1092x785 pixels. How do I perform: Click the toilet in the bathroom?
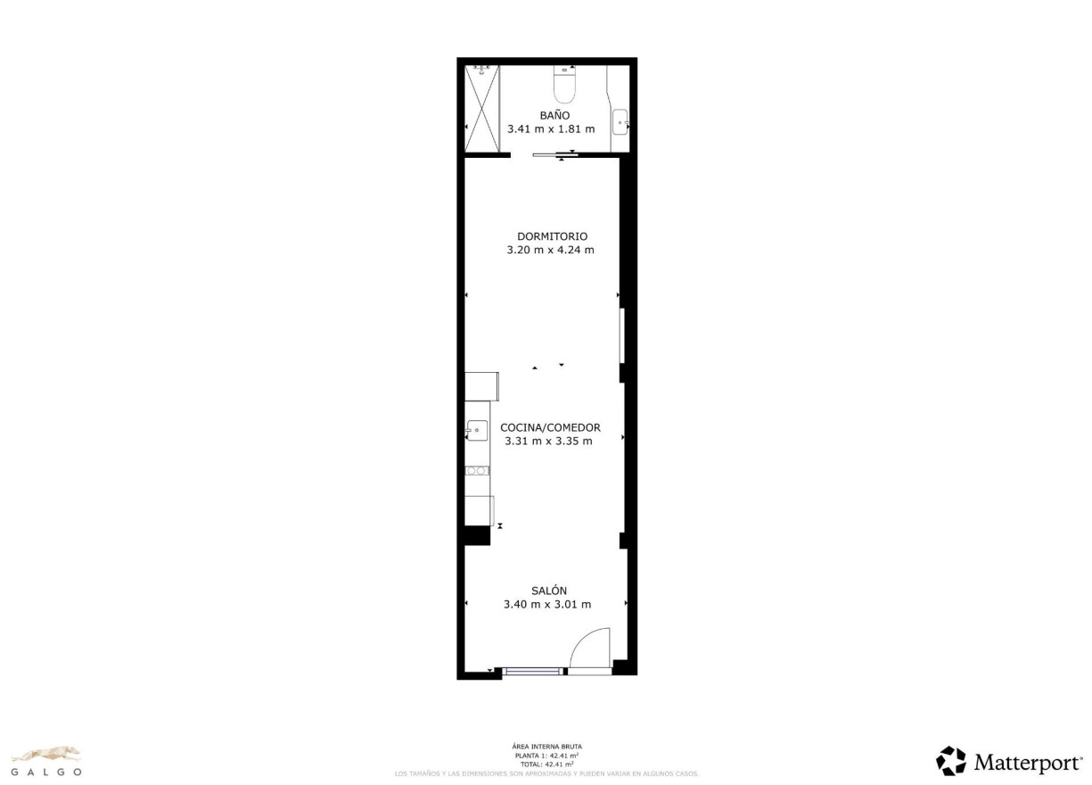(x=565, y=83)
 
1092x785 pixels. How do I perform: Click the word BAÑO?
(x=554, y=115)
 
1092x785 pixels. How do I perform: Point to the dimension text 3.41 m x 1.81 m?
(x=551, y=129)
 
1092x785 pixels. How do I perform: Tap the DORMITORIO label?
(x=553, y=236)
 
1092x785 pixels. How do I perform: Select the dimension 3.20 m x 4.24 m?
(x=550, y=250)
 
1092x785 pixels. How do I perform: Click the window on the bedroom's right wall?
(x=622, y=335)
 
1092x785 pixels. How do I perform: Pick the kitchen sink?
(x=477, y=431)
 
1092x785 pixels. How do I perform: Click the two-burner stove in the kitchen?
(x=477, y=470)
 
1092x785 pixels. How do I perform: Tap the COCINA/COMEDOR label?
(x=550, y=427)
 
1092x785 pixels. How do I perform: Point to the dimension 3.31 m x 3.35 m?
(x=548, y=441)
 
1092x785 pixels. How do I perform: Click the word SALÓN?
(x=549, y=591)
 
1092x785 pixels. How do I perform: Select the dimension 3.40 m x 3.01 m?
(x=547, y=604)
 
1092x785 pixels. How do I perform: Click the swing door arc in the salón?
(x=589, y=648)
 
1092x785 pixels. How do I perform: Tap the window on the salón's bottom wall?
(x=533, y=671)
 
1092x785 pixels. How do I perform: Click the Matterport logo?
(x=1009, y=762)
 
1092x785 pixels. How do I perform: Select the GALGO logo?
(x=45, y=761)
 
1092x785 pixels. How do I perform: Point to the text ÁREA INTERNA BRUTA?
(x=547, y=747)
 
